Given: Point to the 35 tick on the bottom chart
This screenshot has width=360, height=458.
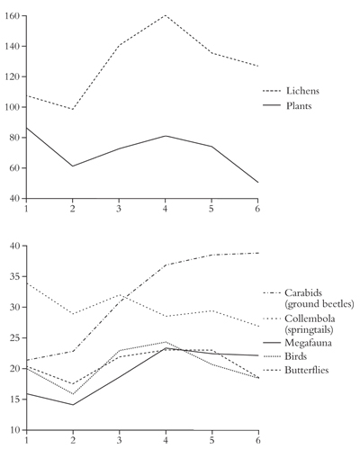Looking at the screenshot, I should click(x=14, y=276).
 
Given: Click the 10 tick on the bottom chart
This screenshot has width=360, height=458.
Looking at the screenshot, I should click(x=14, y=430).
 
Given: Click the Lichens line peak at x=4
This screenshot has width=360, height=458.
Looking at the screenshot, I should click(x=165, y=15).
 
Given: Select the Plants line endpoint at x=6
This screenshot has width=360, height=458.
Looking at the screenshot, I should click(x=257, y=183).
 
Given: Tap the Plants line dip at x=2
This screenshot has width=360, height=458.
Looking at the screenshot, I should click(x=73, y=166).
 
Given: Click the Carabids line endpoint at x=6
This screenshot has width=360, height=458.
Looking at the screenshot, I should click(x=257, y=253).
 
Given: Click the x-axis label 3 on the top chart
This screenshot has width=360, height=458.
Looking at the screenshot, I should click(x=119, y=208).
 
